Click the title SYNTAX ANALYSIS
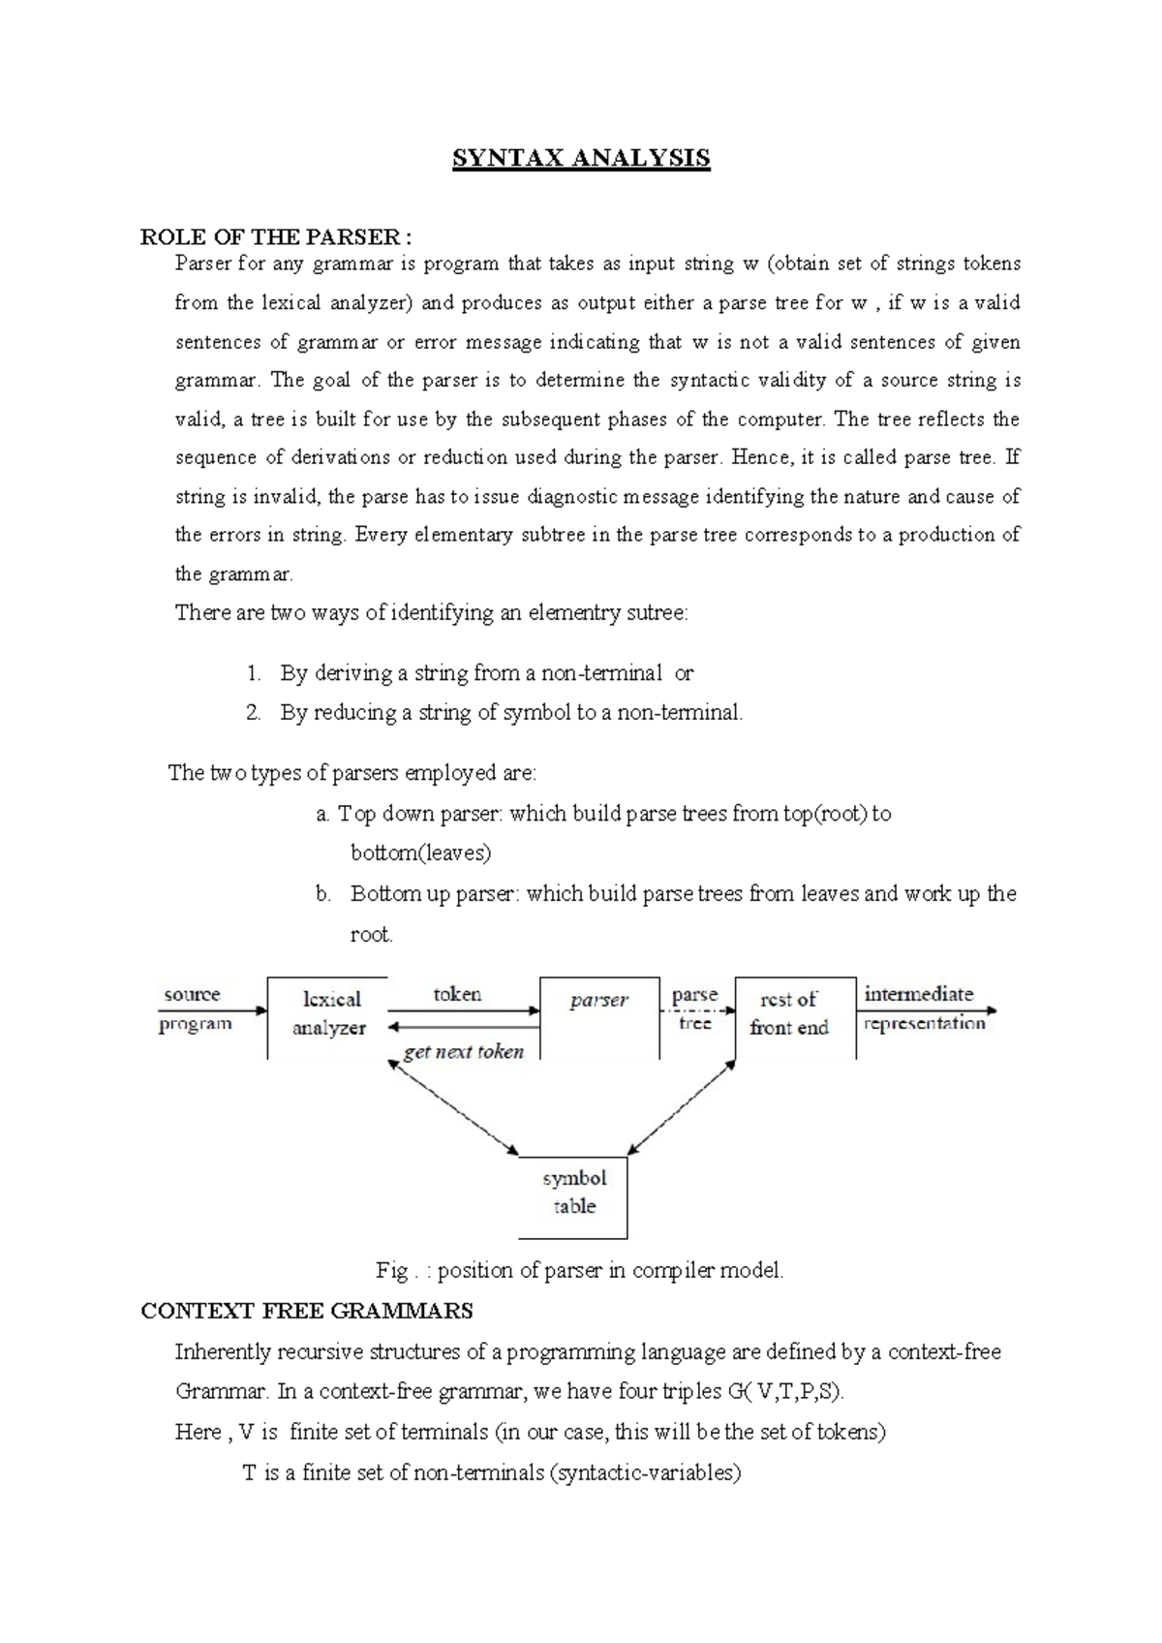pyautogui.click(x=581, y=158)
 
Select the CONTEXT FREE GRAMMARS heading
pyautogui.click(x=307, y=1311)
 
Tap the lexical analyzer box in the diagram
pyautogui.click(x=328, y=1015)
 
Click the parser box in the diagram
pyautogui.click(x=598, y=1015)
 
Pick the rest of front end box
pyautogui.click(x=795, y=1015)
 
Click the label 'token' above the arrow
pyautogui.click(x=457, y=994)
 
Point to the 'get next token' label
pyautogui.click(x=463, y=1052)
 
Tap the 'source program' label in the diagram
pyautogui.click(x=195, y=1008)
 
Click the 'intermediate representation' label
pyautogui.click(x=923, y=1007)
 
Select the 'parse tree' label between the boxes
pyautogui.click(x=695, y=1007)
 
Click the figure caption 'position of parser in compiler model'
pyautogui.click(x=579, y=1270)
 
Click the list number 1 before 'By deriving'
pyautogui.click(x=254, y=672)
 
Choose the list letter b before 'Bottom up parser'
pyautogui.click(x=323, y=894)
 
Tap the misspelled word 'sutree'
pyautogui.click(x=656, y=613)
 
